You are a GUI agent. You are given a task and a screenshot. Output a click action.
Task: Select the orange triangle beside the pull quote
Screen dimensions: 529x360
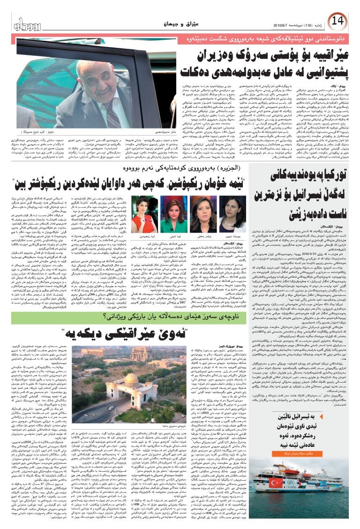tap(351, 427)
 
